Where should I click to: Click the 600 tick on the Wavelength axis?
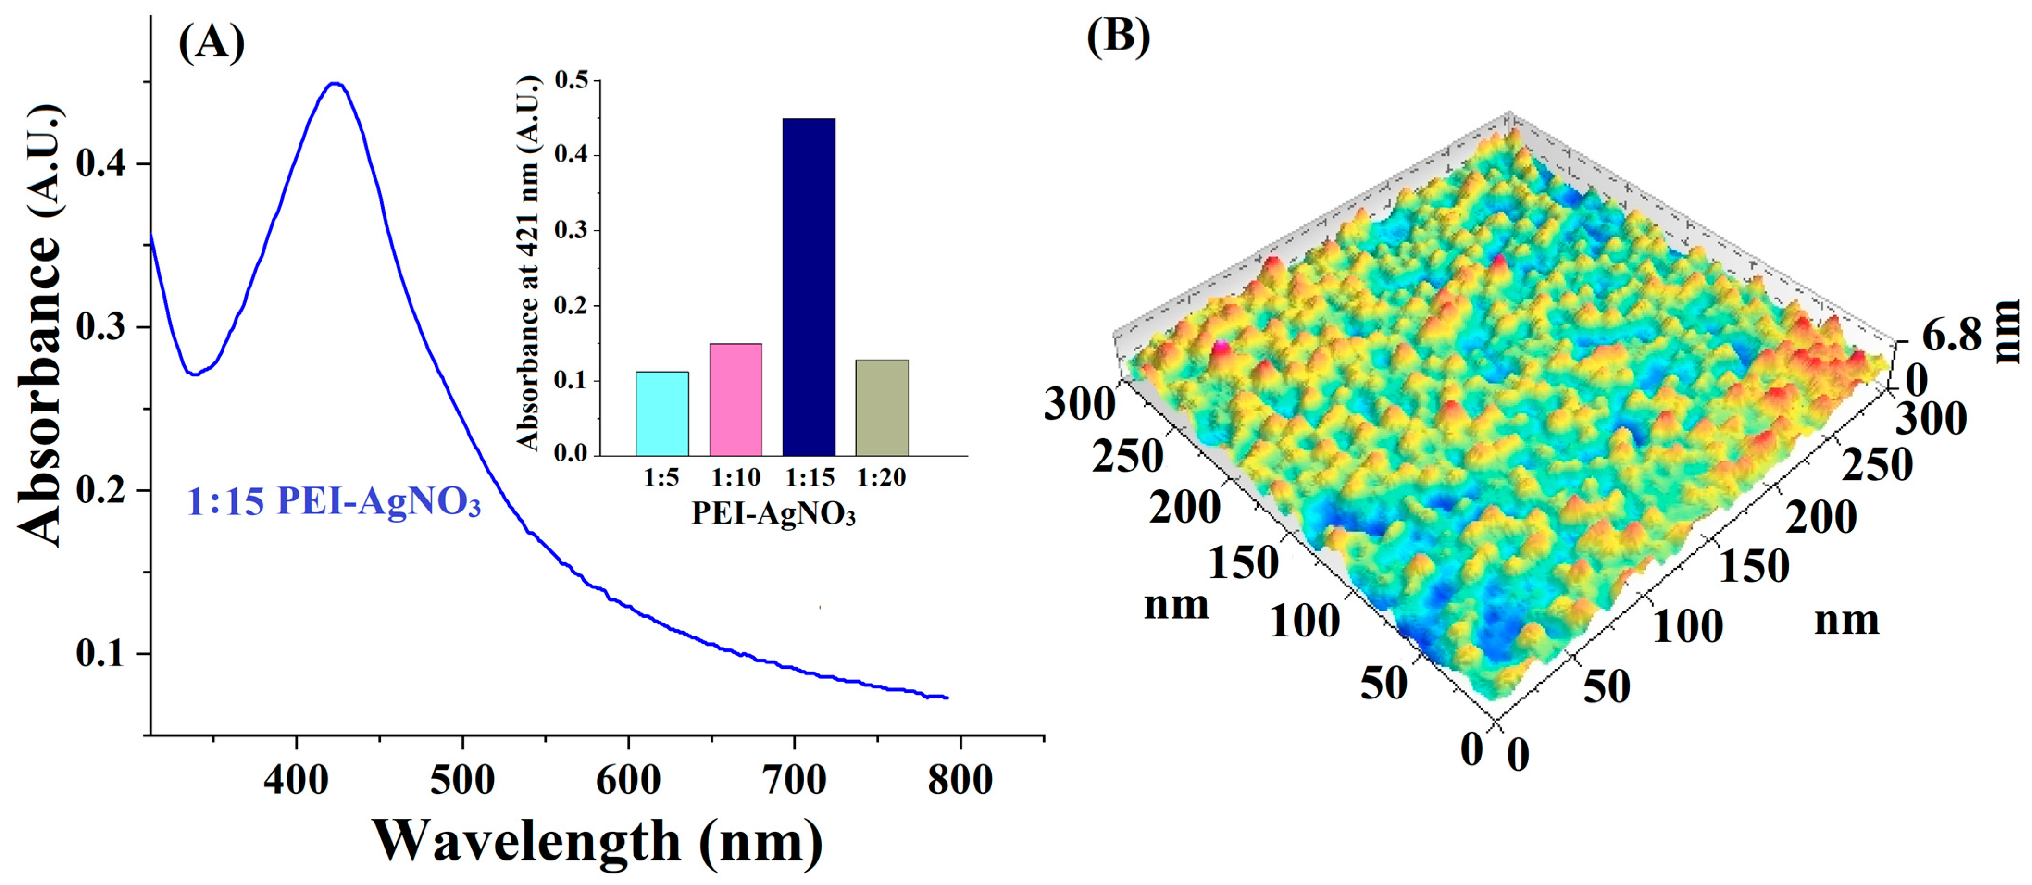tap(628, 779)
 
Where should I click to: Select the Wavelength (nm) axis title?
tap(597, 841)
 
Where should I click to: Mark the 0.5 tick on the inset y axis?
tap(573, 81)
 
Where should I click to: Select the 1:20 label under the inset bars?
tap(881, 477)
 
